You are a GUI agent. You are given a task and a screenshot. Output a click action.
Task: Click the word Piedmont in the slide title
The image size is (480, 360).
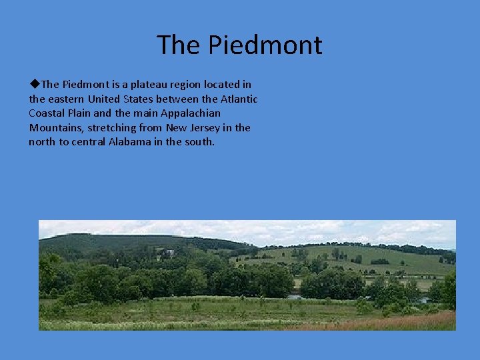coord(265,45)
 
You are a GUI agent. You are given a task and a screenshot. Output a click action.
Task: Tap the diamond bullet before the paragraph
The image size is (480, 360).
coord(35,84)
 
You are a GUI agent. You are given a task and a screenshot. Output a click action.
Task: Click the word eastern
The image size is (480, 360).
coord(69,99)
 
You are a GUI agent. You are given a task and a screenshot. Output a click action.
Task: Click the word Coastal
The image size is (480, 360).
coord(47,113)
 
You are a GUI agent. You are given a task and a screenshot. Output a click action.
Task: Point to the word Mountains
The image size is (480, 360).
coord(54,128)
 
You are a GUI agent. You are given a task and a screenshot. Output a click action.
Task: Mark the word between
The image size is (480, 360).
coord(187,99)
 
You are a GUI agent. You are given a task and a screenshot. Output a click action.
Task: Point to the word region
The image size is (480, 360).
coord(188,85)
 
